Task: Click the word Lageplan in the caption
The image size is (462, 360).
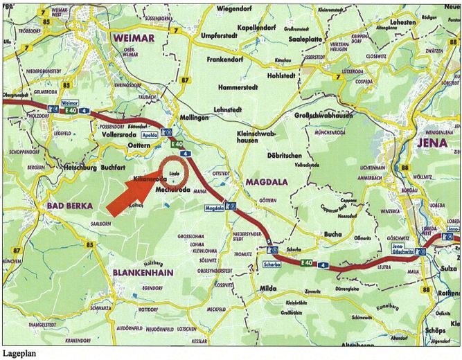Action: [x=19, y=354]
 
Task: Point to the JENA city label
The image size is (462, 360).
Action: [x=432, y=143]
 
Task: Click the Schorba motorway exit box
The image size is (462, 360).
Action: [x=273, y=264]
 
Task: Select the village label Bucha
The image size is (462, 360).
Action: [x=333, y=235]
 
